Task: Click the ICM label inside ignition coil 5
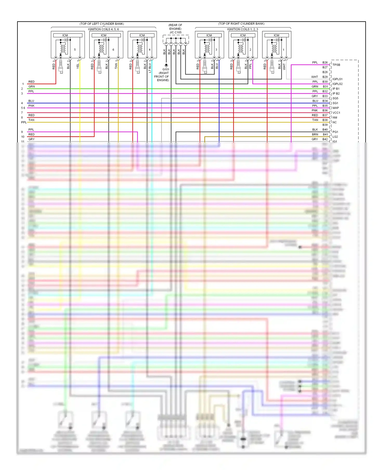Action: (x=65, y=35)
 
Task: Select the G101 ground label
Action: (x=166, y=69)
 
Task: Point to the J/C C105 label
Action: (x=175, y=32)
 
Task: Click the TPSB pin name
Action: (x=336, y=65)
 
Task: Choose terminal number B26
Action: (x=325, y=63)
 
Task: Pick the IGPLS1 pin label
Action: (x=337, y=79)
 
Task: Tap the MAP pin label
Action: (x=336, y=108)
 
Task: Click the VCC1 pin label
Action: (x=336, y=113)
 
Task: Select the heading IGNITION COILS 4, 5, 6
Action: (x=103, y=29)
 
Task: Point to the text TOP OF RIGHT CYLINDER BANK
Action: (x=241, y=24)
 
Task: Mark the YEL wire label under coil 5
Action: (x=78, y=66)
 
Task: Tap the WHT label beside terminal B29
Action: (x=315, y=77)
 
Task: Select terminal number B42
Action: (x=325, y=139)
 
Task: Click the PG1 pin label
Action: (x=335, y=132)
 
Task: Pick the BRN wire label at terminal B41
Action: (x=315, y=135)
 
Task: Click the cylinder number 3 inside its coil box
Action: (x=216, y=50)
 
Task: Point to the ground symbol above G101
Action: (x=166, y=65)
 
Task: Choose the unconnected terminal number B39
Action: (x=325, y=125)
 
